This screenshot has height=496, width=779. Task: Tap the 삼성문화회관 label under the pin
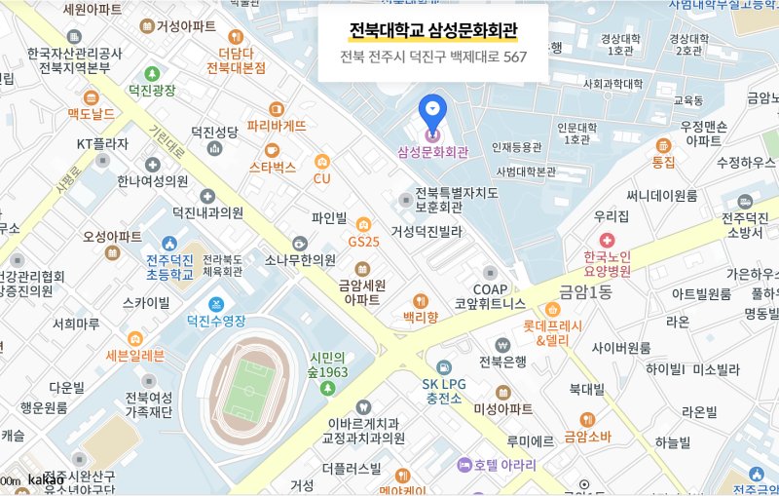pos(433,152)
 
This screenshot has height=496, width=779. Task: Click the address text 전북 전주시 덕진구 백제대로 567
pos(433,57)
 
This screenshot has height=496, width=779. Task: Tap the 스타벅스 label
pos(273,167)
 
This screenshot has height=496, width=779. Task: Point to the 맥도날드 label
pos(91,114)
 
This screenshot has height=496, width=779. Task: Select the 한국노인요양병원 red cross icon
pos(608,240)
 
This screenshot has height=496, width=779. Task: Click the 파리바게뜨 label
pos(277,126)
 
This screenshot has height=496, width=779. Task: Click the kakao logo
pos(46,479)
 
